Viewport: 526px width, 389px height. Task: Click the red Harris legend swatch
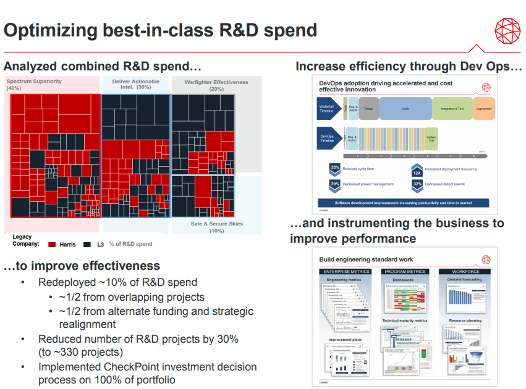point(52,245)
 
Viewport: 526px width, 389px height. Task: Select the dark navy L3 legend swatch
point(87,245)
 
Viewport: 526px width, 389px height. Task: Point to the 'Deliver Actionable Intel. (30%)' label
point(135,85)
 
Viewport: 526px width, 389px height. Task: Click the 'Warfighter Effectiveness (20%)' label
point(216,85)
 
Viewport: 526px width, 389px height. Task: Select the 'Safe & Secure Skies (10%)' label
point(216,227)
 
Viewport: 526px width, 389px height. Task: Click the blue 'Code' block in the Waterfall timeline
point(405,109)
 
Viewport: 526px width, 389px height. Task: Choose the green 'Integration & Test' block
point(452,109)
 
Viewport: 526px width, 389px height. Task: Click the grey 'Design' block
point(369,109)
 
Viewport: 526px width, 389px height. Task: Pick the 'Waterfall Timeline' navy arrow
point(328,109)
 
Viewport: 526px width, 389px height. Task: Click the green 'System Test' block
point(431,138)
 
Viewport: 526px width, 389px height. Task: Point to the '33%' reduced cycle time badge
point(334,168)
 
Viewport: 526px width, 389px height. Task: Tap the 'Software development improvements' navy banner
point(403,203)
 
